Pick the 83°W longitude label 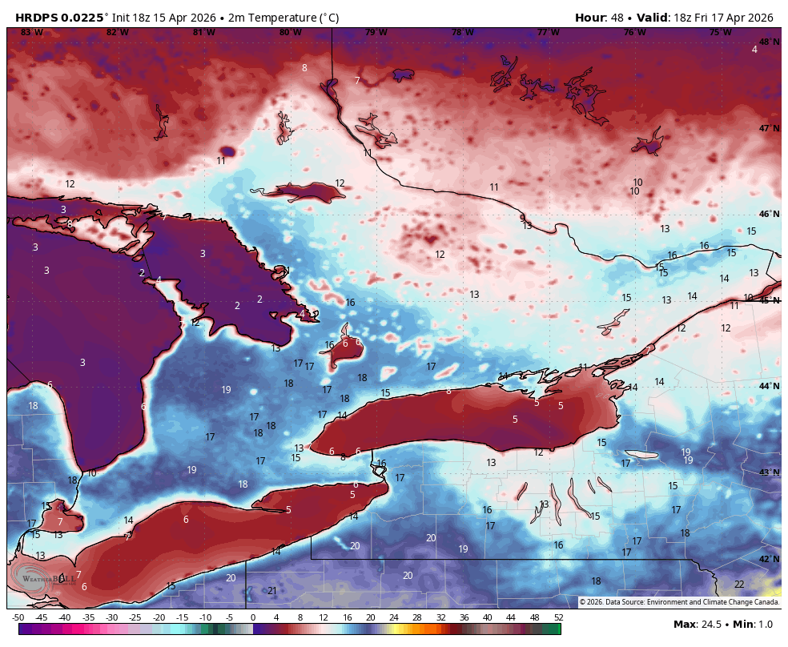(31, 33)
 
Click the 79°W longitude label (376, 33)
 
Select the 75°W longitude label (720, 33)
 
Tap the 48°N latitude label (769, 42)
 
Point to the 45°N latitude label (769, 300)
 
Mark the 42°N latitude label (769, 559)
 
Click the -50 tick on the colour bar (18, 617)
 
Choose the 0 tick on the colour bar (253, 617)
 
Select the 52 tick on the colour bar (557, 617)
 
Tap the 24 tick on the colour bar (394, 617)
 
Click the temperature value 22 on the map (739, 585)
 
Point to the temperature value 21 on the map (272, 591)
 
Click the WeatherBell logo (48, 578)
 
